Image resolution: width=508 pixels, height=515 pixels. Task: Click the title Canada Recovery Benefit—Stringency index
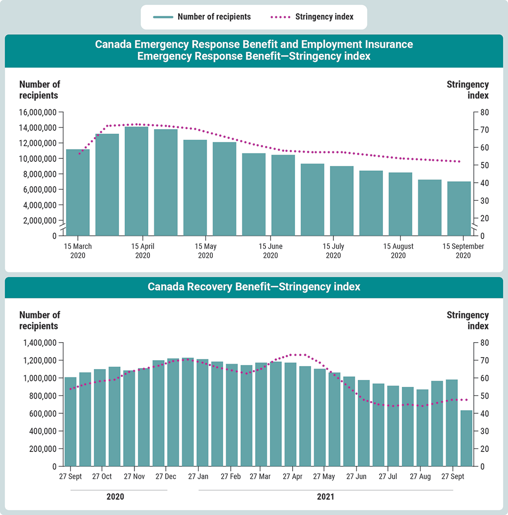coord(254,287)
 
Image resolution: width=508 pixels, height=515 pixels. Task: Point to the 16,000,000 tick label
coord(38,112)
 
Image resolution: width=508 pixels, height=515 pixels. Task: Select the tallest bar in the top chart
coord(136,181)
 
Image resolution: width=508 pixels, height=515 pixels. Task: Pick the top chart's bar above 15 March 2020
coord(78,192)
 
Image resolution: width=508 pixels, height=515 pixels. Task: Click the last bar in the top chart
coord(459,208)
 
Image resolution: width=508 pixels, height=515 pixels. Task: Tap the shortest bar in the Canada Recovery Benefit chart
coord(466,438)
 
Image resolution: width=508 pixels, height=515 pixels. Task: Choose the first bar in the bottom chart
coord(70,422)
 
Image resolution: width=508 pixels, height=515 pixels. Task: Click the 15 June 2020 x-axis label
coord(270,251)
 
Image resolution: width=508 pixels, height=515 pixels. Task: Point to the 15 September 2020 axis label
coord(463,251)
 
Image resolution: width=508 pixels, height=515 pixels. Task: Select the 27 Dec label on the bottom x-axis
coord(166,476)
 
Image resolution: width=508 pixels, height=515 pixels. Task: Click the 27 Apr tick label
coord(293,476)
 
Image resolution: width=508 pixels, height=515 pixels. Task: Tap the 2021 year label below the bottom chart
coord(325,497)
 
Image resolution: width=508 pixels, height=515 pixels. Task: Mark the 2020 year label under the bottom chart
coord(115,497)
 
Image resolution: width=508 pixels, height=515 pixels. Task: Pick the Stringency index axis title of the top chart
coord(467,90)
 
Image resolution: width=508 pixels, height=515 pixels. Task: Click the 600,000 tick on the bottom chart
coord(42,413)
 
